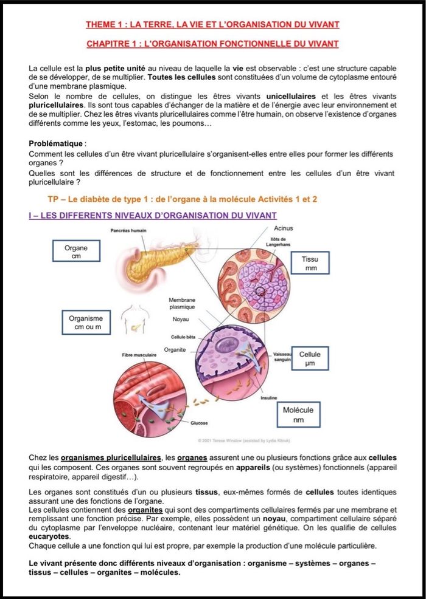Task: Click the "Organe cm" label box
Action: pyautogui.click(x=76, y=252)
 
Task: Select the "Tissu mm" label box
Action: pyautogui.click(x=311, y=263)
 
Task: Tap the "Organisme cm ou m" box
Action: pyautogui.click(x=86, y=323)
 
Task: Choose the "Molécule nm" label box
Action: pyautogui.click(x=298, y=415)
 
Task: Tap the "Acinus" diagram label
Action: pyautogui.click(x=284, y=228)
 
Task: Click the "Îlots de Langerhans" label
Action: pyautogui.click(x=281, y=242)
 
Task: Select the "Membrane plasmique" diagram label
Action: pyautogui.click(x=182, y=304)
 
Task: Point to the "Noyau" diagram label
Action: pyautogui.click(x=181, y=319)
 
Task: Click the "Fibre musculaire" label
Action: pyautogui.click(x=139, y=354)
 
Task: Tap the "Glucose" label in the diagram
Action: pyautogui.click(x=199, y=423)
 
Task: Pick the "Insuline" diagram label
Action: pyautogui.click(x=269, y=397)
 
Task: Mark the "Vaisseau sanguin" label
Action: pyautogui.click(x=284, y=357)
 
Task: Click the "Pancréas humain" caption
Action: pyautogui.click(x=128, y=230)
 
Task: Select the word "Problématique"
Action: pyautogui.click(x=57, y=143)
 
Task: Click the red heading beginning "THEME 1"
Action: pyautogui.click(x=212, y=24)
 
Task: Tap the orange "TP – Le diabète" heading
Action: pyautogui.click(x=183, y=199)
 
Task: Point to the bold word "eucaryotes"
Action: pyautogui.click(x=50, y=537)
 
